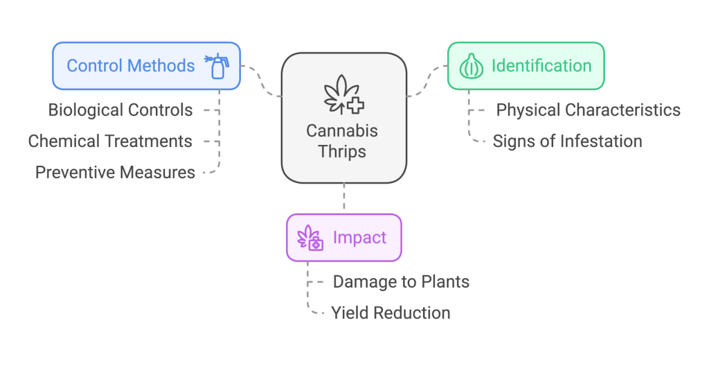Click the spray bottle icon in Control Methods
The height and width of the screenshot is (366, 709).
click(x=217, y=66)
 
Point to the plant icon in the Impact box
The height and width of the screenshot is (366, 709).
click(x=309, y=238)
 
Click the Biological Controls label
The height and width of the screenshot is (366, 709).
click(x=120, y=110)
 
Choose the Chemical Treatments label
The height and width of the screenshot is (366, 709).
click(x=110, y=141)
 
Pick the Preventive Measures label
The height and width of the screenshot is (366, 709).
click(x=115, y=172)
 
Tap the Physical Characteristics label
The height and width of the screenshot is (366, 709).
click(x=588, y=110)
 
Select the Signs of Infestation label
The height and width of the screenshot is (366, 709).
click(x=567, y=141)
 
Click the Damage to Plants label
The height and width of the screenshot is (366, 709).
click(x=401, y=281)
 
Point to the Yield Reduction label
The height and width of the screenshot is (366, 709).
click(x=391, y=313)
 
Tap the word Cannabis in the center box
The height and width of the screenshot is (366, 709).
click(x=344, y=130)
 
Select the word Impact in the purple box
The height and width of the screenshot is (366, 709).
click(x=359, y=238)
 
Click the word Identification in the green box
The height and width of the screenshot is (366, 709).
click(x=541, y=66)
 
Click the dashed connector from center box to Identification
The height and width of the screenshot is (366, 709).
click(x=427, y=81)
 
